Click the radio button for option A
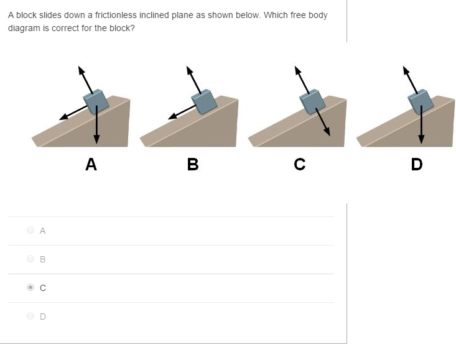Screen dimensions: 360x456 coord(30,231)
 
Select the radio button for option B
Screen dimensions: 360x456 coord(30,259)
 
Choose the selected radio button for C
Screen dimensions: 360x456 coord(30,288)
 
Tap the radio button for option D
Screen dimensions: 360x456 coord(30,316)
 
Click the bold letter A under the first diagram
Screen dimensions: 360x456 coord(91,164)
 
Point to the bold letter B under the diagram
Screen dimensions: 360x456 coord(193,164)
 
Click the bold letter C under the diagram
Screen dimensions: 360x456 coord(300,164)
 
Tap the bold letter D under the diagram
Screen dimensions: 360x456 coord(417,164)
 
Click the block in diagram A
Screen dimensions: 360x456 coord(97,102)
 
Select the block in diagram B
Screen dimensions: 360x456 coord(204,101)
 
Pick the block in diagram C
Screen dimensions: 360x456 coord(312,101)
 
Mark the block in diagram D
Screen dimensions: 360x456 coord(421,101)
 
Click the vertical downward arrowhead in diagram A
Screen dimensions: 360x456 coord(96,137)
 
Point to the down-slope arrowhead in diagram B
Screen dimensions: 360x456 coord(172,116)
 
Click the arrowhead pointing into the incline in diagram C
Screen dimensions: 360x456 coord(327,132)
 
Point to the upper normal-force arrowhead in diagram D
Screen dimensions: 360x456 coord(406,69)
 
